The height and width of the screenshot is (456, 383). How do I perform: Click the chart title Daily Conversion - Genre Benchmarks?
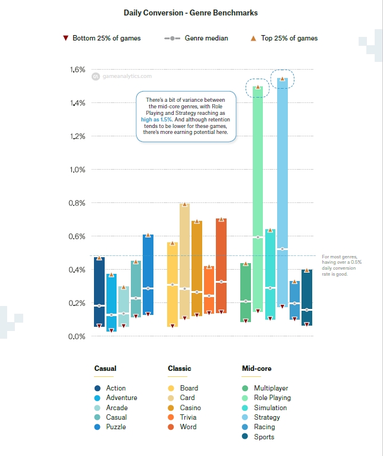click(x=191, y=12)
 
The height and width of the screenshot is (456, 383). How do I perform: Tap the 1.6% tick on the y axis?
click(x=78, y=70)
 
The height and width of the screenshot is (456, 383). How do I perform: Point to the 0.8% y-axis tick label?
click(x=78, y=203)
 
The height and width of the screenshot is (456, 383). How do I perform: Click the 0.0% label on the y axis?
click(x=78, y=336)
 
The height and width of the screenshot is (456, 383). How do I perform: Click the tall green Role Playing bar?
click(x=258, y=196)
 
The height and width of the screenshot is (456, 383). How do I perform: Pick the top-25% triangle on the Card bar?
click(x=184, y=205)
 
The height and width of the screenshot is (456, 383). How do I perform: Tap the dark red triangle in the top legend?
click(x=65, y=38)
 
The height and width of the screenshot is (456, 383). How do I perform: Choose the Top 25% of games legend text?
click(x=290, y=38)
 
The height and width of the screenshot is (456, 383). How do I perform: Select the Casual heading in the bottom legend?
click(x=105, y=368)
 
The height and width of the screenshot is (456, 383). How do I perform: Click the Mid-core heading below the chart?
click(x=257, y=368)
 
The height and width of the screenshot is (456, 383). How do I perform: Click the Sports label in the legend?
click(x=264, y=437)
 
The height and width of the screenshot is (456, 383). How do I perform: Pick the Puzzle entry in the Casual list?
click(x=115, y=427)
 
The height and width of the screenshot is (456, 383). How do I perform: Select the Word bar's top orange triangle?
click(x=221, y=220)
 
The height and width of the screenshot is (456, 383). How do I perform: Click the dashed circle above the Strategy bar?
click(x=282, y=79)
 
